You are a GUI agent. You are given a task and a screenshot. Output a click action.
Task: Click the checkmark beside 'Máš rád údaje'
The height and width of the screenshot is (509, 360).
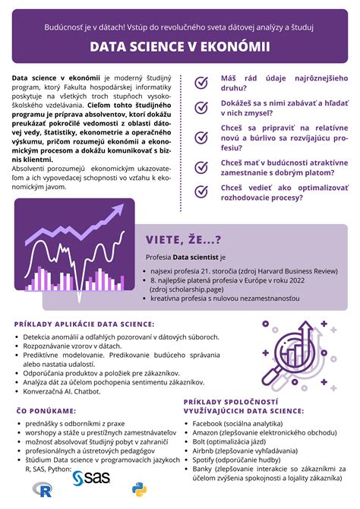pyautogui.click(x=202, y=84)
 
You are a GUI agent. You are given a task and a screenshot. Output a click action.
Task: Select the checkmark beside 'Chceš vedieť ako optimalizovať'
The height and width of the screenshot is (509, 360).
pyautogui.click(x=202, y=191)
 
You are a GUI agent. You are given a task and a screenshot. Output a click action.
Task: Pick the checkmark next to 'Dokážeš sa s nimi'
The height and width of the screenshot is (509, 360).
pyautogui.click(x=202, y=109)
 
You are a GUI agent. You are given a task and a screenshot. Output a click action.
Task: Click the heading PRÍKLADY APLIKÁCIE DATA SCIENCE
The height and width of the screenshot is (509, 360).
pyautogui.click(x=84, y=324)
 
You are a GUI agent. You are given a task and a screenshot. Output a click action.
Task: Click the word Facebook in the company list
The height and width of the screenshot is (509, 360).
pyautogui.click(x=208, y=423)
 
